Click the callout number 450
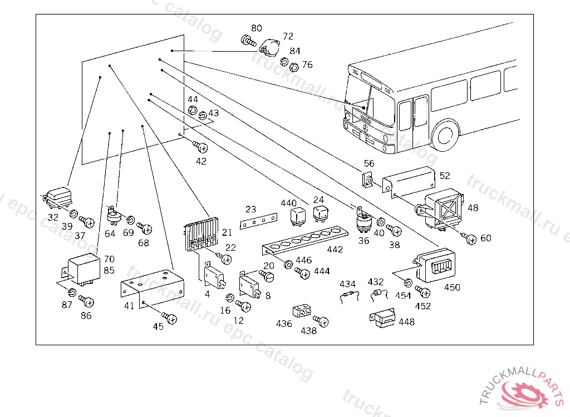(x=452, y=287)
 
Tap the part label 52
(x=445, y=176)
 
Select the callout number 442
(x=335, y=250)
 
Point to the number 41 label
(x=129, y=306)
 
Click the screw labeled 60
(x=470, y=239)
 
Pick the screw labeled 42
(x=202, y=147)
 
